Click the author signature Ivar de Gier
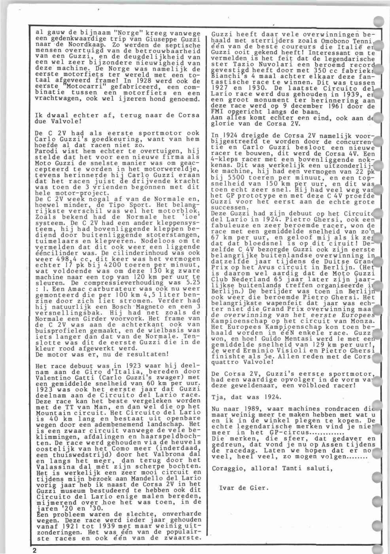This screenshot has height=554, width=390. (244, 488)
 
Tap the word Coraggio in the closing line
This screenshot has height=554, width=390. (226, 469)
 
